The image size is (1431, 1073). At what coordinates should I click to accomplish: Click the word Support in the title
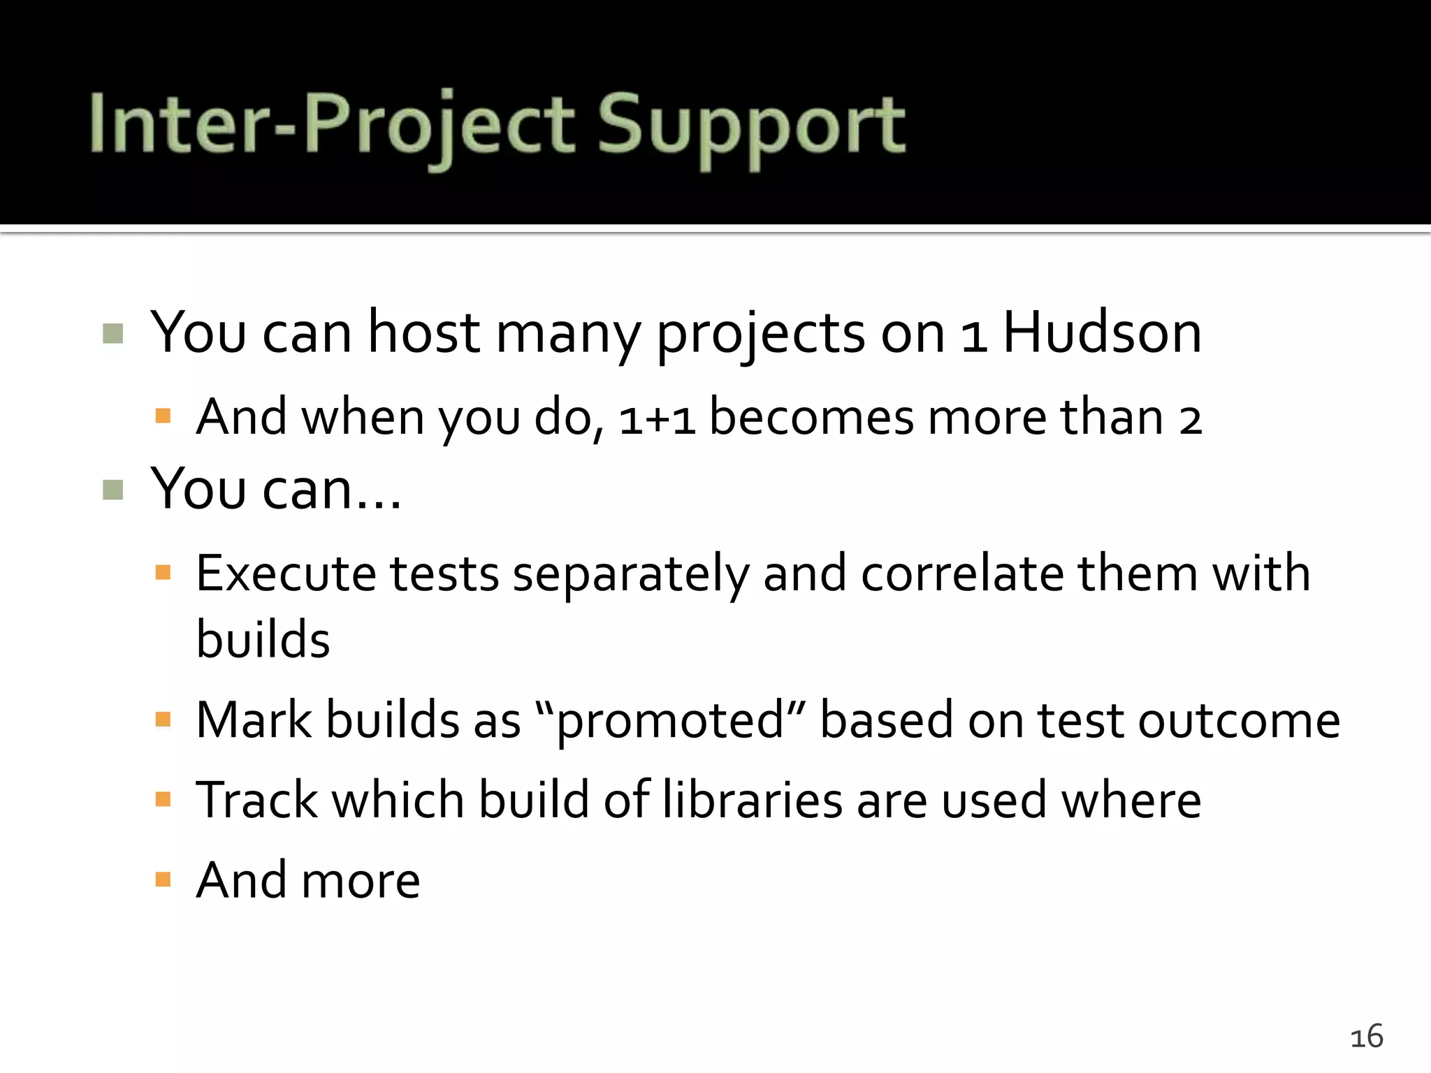751,127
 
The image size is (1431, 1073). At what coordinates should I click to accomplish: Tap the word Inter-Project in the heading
332,127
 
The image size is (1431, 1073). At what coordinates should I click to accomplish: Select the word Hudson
1102,333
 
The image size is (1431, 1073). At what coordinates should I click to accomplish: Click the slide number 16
1367,1037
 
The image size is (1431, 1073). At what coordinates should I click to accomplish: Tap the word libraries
752,800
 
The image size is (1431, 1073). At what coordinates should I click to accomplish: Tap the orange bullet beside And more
164,879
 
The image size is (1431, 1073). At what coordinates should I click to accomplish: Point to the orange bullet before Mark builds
164,720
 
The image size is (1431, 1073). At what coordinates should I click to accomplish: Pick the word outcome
1238,720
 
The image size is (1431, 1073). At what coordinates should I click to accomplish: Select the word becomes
811,418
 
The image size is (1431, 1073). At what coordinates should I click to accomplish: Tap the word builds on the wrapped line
263,639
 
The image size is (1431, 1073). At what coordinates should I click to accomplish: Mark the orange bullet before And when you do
164,417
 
